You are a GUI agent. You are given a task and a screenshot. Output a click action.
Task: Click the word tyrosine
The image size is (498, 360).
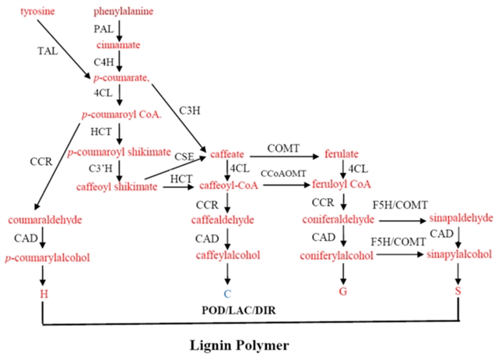pyautogui.click(x=36, y=12)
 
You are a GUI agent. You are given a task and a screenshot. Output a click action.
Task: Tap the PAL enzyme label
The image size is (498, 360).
pyautogui.click(x=103, y=29)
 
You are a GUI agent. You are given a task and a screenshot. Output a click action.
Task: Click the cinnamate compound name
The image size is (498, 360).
pyautogui.click(x=119, y=45)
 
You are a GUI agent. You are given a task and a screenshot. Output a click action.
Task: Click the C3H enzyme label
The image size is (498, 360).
pyautogui.click(x=188, y=109)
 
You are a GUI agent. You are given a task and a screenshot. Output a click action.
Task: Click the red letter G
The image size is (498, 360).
pyautogui.click(x=342, y=292)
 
